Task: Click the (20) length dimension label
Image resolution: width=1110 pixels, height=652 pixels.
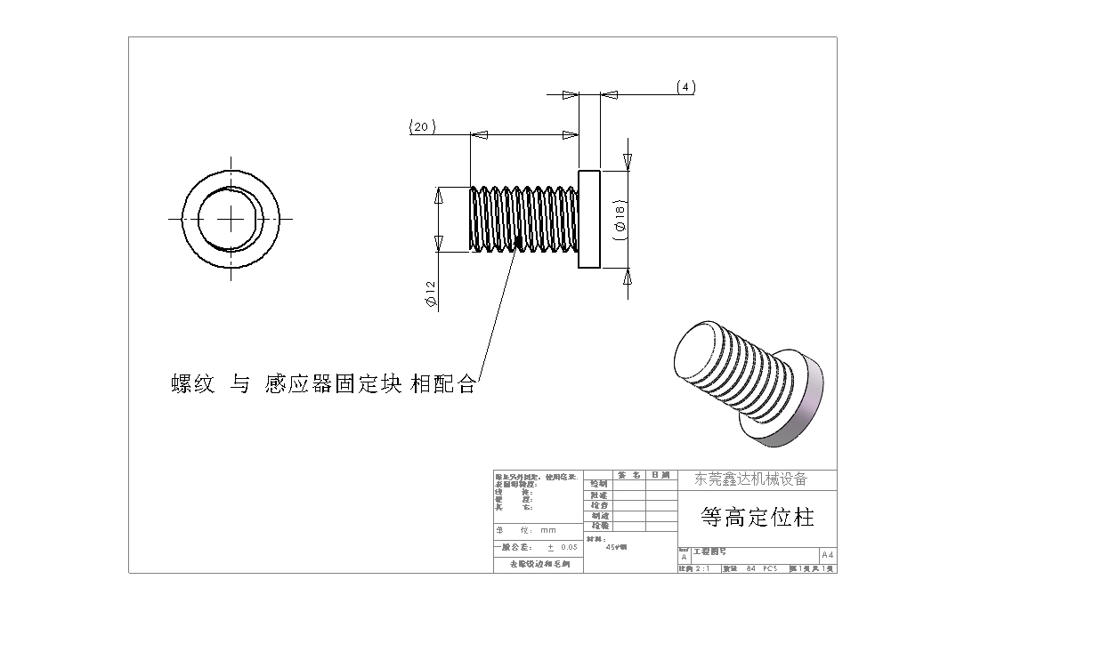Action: (x=422, y=127)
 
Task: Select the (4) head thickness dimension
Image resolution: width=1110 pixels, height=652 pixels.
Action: (x=685, y=87)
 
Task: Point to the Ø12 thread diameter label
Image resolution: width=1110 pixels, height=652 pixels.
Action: (x=431, y=294)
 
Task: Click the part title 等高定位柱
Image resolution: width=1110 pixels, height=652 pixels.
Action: (x=757, y=517)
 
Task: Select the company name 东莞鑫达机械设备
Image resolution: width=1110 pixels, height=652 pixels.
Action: (x=750, y=479)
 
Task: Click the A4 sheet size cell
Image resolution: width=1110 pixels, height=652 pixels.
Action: (x=828, y=554)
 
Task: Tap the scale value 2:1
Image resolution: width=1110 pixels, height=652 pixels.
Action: (x=702, y=568)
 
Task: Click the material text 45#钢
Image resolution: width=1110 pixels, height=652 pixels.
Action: (x=616, y=547)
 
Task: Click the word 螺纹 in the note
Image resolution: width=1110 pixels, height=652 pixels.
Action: (x=192, y=384)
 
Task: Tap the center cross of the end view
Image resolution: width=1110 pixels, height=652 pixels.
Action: (x=231, y=218)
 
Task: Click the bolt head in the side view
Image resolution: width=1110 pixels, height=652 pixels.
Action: (x=589, y=218)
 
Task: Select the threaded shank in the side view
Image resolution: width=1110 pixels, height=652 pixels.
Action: (x=522, y=220)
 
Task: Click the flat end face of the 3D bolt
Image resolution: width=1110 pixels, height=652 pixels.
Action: (x=699, y=355)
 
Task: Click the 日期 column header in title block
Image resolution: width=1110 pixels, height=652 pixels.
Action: (x=660, y=475)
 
